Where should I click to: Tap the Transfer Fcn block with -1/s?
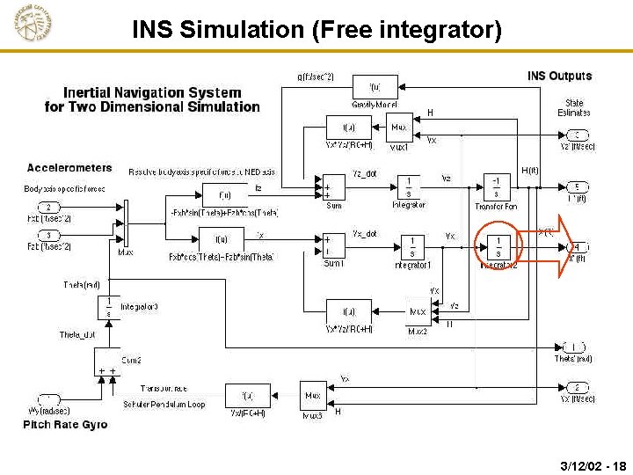(497, 186)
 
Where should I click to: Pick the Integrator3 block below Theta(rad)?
(108, 306)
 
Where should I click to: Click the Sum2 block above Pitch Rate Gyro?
(108, 370)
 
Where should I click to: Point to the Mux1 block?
(399, 128)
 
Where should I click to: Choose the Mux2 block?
(417, 311)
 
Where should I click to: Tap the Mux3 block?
(312, 396)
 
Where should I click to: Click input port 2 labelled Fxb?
(48, 208)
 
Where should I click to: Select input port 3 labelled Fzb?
(48, 235)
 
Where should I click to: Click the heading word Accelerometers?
(69, 167)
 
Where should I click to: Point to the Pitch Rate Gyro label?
(65, 425)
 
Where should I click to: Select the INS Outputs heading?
(559, 76)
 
